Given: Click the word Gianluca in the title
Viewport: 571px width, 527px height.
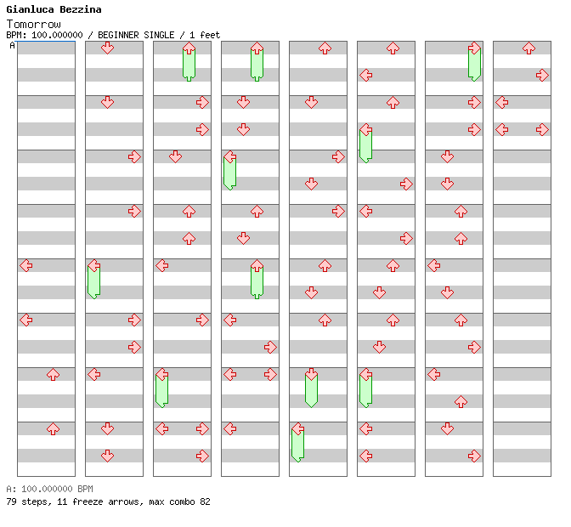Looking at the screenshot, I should tap(30, 9).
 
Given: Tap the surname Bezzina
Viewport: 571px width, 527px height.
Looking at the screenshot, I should tap(80, 9).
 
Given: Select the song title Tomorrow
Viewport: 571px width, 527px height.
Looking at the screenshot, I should tap(33, 24).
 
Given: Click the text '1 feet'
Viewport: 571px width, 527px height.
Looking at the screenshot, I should tap(205, 35).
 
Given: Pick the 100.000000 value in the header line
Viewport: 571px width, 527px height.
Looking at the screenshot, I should tap(57, 35).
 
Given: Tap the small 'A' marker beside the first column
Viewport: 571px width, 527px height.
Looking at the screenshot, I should tap(12, 46).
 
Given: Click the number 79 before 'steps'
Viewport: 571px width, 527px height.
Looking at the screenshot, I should tap(11, 502).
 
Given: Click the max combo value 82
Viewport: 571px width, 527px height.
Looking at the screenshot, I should tap(204, 502).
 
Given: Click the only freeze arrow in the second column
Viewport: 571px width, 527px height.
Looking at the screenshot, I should tap(93, 280).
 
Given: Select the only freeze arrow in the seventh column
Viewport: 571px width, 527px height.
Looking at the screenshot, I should tap(474, 62).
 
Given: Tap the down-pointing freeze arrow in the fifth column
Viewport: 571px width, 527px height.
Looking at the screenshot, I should tap(311, 388).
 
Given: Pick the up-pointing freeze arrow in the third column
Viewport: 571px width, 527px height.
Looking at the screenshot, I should tap(189, 62).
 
